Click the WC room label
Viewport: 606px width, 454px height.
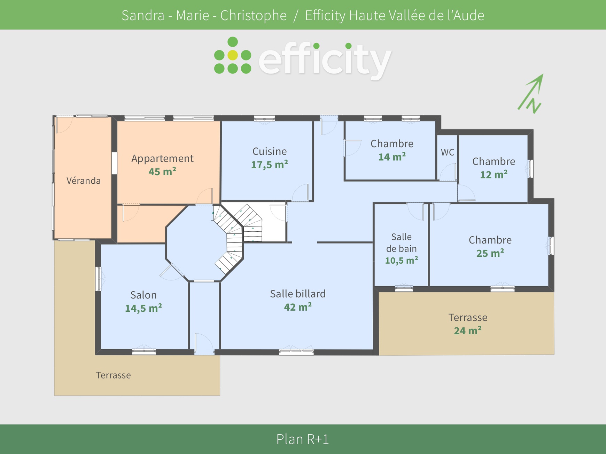448,152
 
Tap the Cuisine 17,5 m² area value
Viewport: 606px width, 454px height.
269,165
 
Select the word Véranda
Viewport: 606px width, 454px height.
84,181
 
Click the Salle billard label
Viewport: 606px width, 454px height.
298,294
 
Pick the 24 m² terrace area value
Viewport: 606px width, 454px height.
467,330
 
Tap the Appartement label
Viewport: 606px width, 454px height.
162,159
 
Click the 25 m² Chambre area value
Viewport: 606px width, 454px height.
490,253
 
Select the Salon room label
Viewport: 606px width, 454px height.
143,295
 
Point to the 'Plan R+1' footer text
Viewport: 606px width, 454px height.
303,439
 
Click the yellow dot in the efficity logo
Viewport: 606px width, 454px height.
233,55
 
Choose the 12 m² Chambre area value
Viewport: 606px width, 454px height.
494,174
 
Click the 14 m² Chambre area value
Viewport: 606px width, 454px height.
392,157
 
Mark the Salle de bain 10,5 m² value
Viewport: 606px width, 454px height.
401,261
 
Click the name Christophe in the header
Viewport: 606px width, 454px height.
253,15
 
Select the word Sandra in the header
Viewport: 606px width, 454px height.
143,15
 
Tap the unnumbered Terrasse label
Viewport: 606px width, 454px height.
114,375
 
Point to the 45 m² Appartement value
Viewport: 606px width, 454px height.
162,172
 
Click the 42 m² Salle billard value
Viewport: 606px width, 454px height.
298,307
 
